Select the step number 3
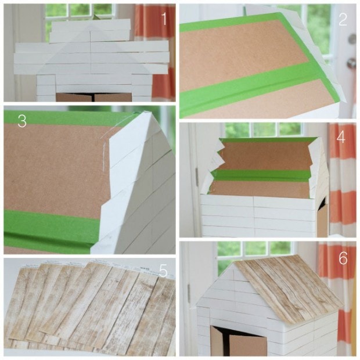(22, 121)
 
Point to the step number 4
(341, 138)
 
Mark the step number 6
(343, 258)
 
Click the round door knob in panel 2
(351, 63)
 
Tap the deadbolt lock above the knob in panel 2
(351, 39)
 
